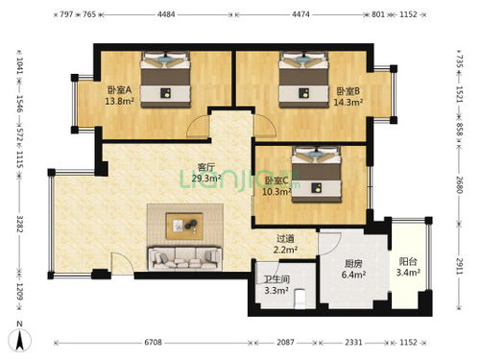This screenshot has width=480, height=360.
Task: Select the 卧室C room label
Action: [276, 180]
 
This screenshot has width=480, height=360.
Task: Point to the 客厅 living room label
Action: [206, 166]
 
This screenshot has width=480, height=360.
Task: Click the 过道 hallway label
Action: [285, 238]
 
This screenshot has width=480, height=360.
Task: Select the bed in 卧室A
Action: [167, 77]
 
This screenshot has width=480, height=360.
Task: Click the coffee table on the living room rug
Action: [183, 225]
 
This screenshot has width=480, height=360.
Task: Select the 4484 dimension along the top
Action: [166, 14]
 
